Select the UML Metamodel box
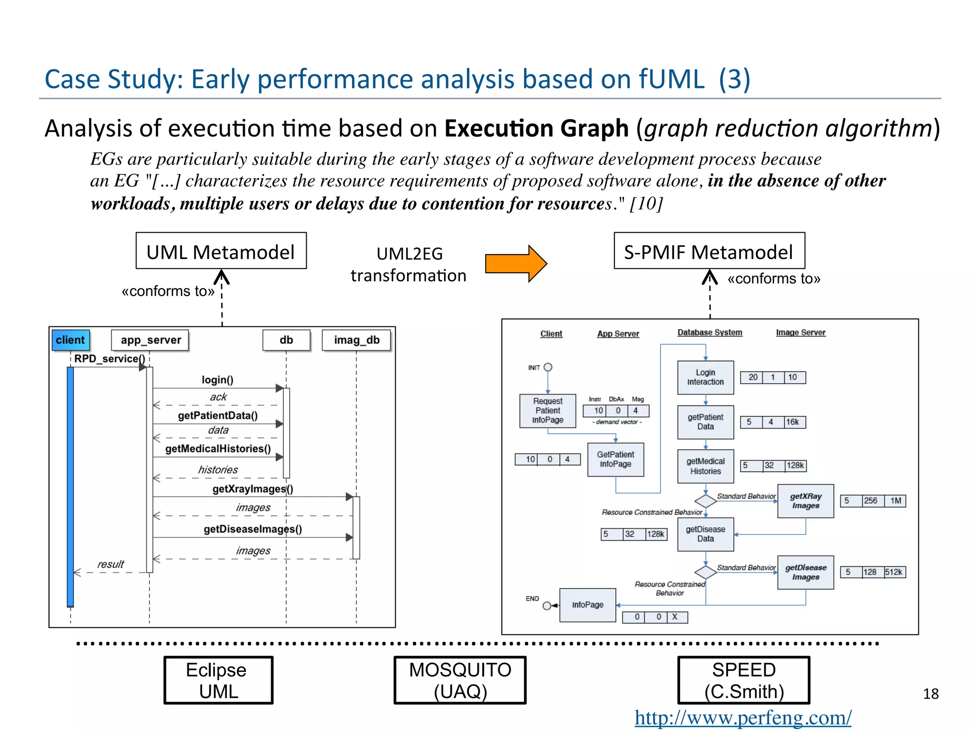click(221, 251)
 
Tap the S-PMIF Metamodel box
click(709, 251)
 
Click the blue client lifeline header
click(70, 340)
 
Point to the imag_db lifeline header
click(357, 340)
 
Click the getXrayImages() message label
click(253, 489)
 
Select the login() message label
click(217, 379)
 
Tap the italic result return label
click(110, 564)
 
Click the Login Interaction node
click(705, 377)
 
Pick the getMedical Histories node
click(705, 466)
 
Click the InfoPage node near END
click(587, 605)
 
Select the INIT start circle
click(548, 367)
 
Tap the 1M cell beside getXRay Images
click(896, 501)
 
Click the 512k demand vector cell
click(894, 572)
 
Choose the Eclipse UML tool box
click(218, 680)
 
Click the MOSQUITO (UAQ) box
click(460, 680)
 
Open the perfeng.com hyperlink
click(743, 718)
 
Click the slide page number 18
click(931, 694)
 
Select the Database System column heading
click(710, 333)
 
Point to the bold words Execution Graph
click(536, 128)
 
